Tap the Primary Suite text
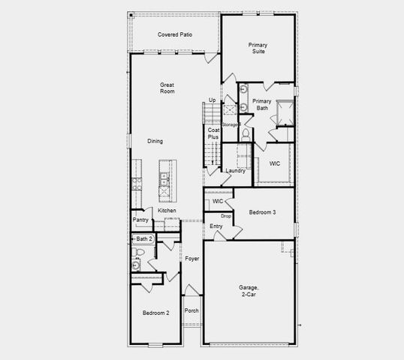(258, 49)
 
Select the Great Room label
(167, 88)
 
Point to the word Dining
(155, 141)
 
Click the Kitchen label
(167, 211)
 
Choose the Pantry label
(140, 220)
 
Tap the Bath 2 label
(144, 238)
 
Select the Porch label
(191, 310)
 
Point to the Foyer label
(192, 259)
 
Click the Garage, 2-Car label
(249, 291)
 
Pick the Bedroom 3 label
(262, 213)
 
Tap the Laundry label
(236, 171)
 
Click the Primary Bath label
(261, 104)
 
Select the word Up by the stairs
(213, 100)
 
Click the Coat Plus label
(213, 133)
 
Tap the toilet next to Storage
(246, 133)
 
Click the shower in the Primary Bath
(285, 112)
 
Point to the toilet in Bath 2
(136, 265)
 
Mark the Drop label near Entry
(225, 216)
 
